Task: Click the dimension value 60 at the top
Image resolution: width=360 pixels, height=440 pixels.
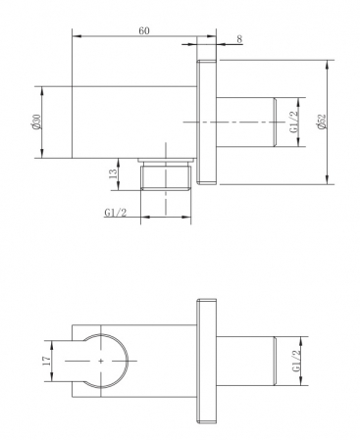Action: tap(144, 30)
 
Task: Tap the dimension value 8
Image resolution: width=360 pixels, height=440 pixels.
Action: tap(239, 39)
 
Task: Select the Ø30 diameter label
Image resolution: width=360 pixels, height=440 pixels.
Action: tap(36, 122)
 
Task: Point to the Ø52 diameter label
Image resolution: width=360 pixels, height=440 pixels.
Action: tap(322, 122)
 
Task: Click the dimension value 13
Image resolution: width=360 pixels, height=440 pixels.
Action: tap(113, 173)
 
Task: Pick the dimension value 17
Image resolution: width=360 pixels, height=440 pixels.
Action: tap(46, 361)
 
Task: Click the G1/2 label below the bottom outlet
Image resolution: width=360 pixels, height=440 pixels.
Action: tap(116, 213)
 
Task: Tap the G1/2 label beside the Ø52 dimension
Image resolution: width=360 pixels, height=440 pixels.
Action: tap(294, 122)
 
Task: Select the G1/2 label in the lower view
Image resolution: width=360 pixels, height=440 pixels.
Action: tap(296, 361)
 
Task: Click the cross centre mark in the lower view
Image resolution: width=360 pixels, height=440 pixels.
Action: tap(101, 361)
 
